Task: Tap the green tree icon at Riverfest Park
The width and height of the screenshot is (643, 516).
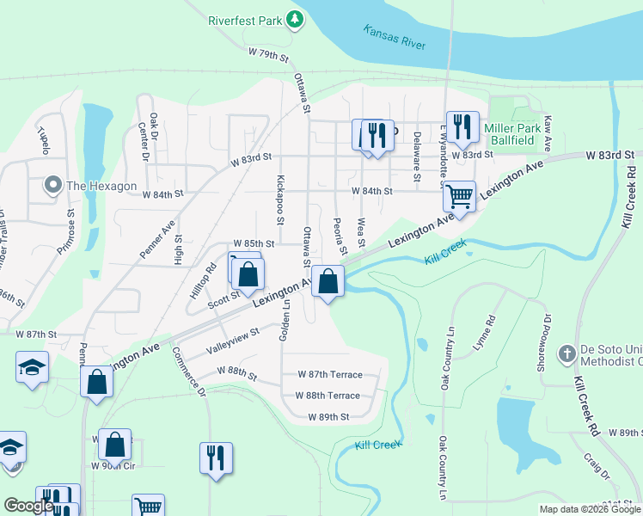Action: [295, 18]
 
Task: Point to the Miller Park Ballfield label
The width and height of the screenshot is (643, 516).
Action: [510, 134]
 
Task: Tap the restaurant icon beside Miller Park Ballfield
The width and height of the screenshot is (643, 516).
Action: [462, 126]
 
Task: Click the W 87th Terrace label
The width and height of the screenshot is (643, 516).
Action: [329, 374]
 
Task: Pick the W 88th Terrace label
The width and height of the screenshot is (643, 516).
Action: [328, 396]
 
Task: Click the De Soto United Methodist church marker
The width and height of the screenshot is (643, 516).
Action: [566, 353]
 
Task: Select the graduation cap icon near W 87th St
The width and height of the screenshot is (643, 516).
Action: [32, 367]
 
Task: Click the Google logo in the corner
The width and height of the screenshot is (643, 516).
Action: [28, 506]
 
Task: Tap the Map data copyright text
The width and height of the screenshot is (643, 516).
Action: [590, 509]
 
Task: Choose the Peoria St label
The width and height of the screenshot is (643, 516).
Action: [339, 236]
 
